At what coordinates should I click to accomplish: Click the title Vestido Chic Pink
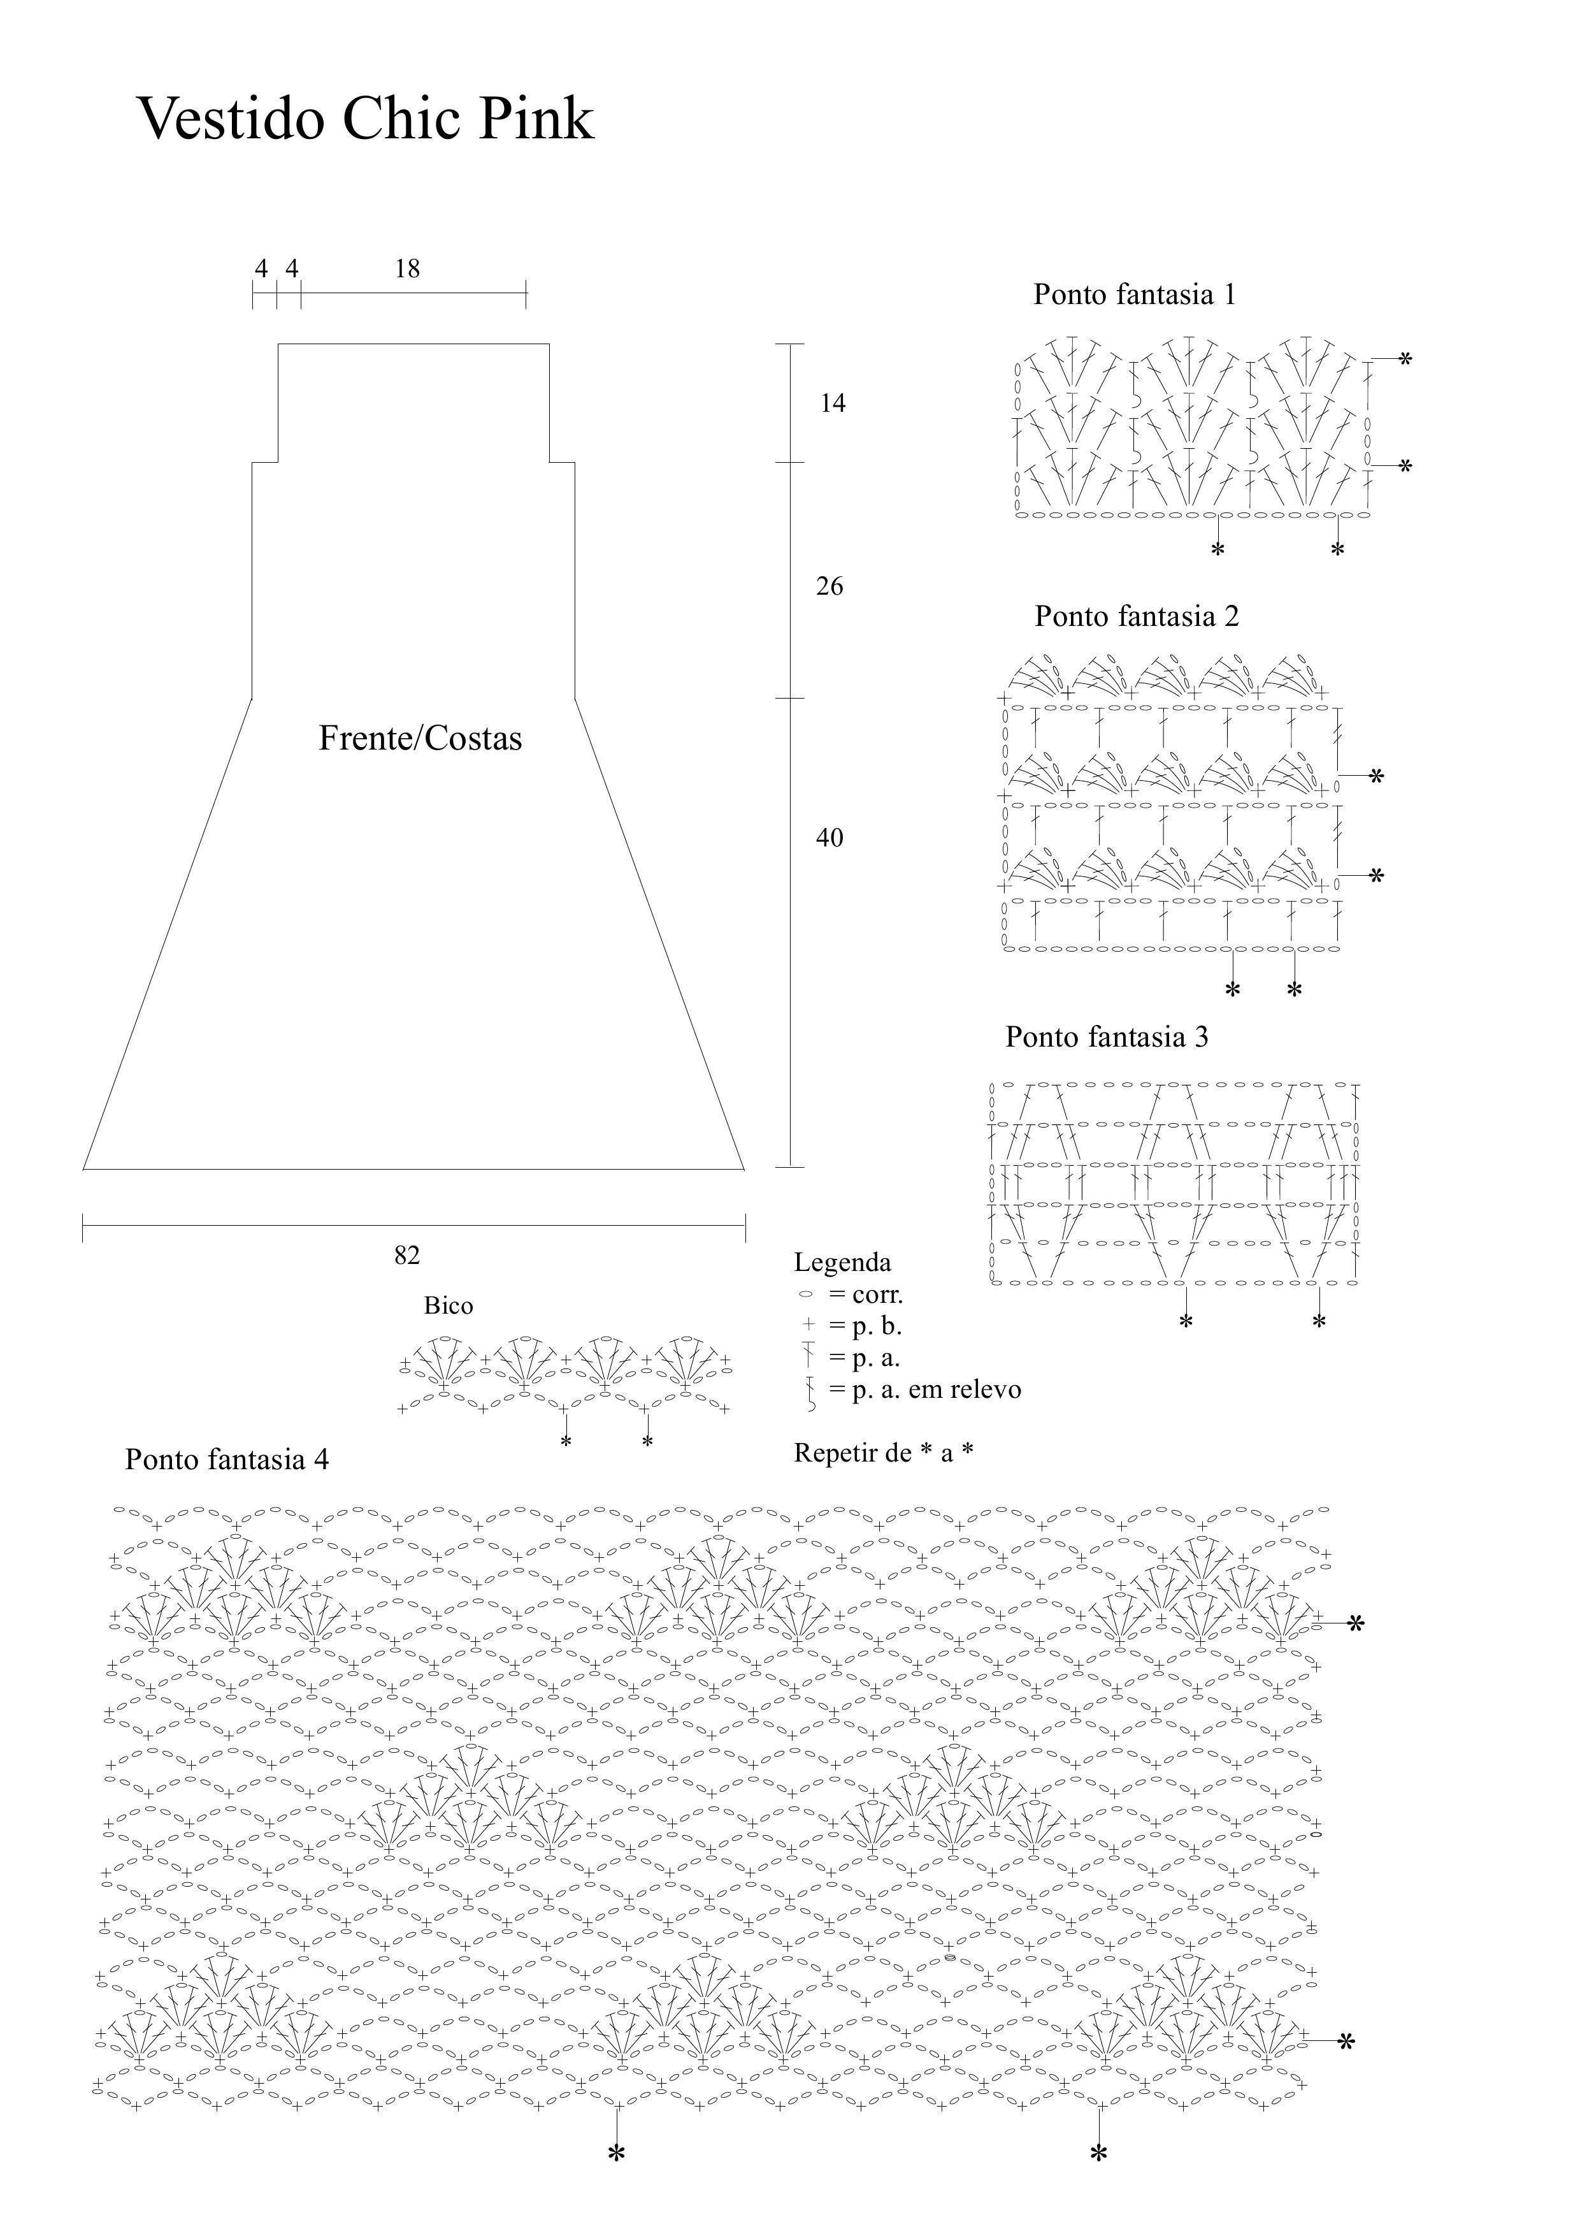click(x=365, y=119)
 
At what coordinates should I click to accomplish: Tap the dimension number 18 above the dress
click(x=407, y=269)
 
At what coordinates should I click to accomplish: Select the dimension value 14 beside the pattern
click(x=832, y=403)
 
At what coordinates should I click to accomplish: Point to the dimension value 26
click(x=829, y=586)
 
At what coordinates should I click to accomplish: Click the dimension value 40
click(x=829, y=838)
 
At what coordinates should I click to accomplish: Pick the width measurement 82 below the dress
click(x=407, y=1255)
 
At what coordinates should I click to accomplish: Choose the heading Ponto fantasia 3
click(x=1107, y=1036)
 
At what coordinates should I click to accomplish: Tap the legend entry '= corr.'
click(x=865, y=1295)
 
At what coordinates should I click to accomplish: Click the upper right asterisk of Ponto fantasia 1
click(x=1405, y=360)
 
